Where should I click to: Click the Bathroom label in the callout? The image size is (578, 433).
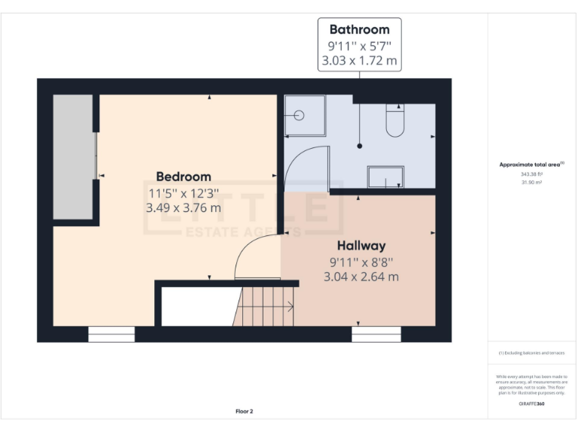coord(360,30)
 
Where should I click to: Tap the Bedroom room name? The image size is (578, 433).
coord(184,177)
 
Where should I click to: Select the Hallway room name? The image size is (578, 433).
coord(361,246)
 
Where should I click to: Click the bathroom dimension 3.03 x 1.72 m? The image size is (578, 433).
coord(360,61)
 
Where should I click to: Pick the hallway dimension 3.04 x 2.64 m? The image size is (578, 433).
coord(361,277)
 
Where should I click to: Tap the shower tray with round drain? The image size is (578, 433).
coord(305,115)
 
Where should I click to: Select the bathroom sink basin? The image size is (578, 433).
coord(385,177)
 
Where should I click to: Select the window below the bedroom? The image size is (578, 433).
coord(111,335)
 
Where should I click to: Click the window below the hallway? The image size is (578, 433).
coord(376,335)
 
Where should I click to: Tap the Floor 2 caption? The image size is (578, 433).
coord(244,411)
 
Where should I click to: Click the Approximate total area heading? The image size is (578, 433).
coord(531,164)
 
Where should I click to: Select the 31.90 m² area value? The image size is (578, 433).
coord(531,182)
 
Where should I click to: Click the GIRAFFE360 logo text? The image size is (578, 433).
coord(531,404)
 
